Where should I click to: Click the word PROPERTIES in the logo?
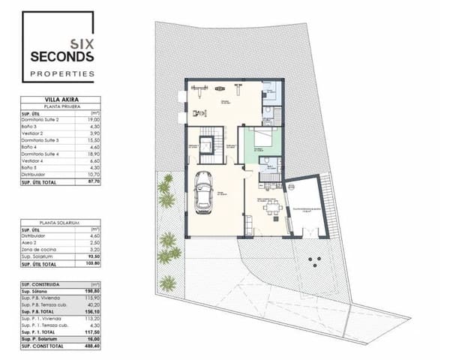[x=61, y=73]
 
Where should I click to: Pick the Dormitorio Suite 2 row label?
[x=41, y=119]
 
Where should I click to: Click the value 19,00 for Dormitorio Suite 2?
[x=94, y=119]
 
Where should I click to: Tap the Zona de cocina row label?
[x=39, y=248]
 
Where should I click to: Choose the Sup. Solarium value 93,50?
[x=94, y=256]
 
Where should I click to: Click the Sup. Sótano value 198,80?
[x=94, y=292]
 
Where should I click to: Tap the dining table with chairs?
[x=271, y=207]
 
